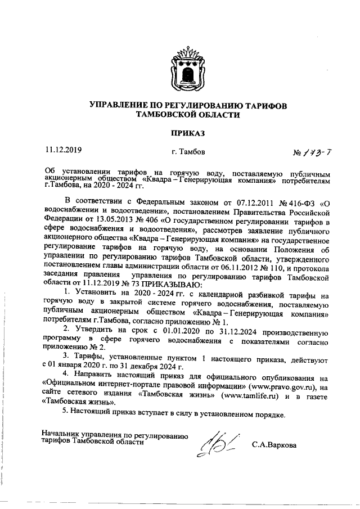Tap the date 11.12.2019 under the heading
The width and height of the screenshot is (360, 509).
click(x=64, y=150)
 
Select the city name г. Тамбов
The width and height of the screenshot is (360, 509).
click(x=187, y=152)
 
